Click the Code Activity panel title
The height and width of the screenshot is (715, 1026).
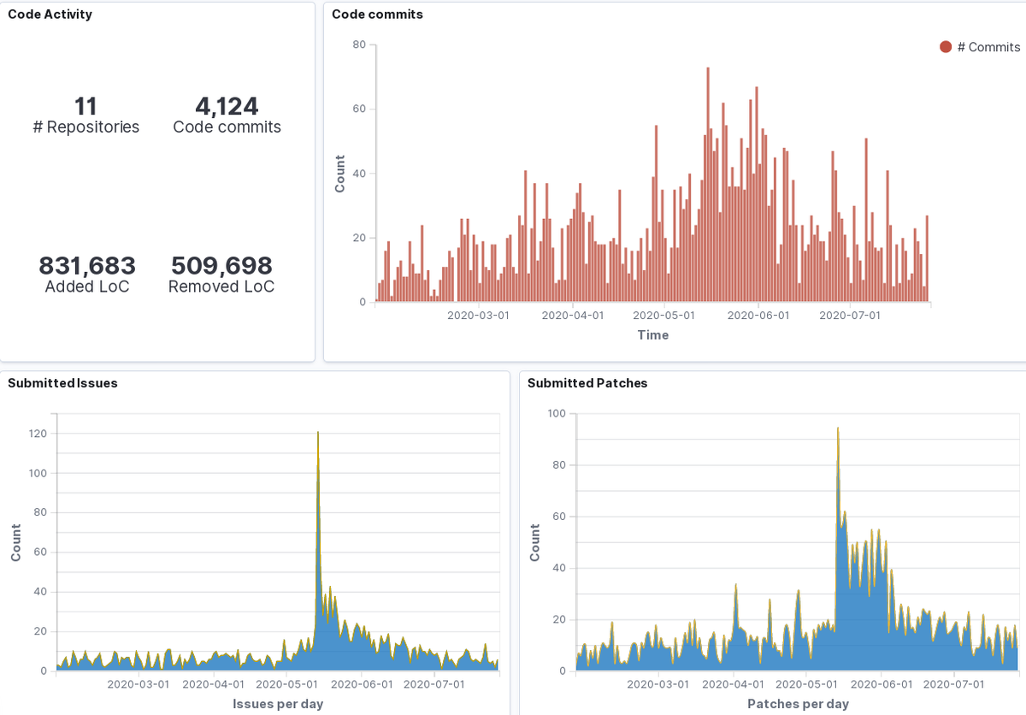pyautogui.click(x=50, y=15)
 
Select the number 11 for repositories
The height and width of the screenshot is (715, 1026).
pyautogui.click(x=85, y=107)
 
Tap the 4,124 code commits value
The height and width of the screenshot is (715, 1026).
pyautogui.click(x=227, y=107)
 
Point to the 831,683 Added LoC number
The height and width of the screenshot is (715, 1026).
pyautogui.click(x=87, y=266)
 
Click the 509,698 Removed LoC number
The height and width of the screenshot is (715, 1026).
pyautogui.click(x=221, y=266)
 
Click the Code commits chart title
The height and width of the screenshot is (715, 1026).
pyautogui.click(x=377, y=15)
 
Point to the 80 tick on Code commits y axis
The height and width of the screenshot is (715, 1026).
pyautogui.click(x=359, y=44)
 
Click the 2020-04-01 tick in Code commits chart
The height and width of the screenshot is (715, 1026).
pyautogui.click(x=573, y=315)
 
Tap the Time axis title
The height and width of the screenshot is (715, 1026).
pyautogui.click(x=652, y=335)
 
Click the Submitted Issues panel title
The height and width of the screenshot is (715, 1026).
pyautogui.click(x=62, y=383)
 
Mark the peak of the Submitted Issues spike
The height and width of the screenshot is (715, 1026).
pyautogui.click(x=318, y=434)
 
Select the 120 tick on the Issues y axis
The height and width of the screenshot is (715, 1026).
pyautogui.click(x=37, y=434)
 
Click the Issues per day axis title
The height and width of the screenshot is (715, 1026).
pyautogui.click(x=278, y=704)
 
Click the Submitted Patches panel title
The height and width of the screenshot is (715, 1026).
pyautogui.click(x=587, y=383)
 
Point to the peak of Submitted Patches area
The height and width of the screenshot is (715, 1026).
pyautogui.click(x=838, y=428)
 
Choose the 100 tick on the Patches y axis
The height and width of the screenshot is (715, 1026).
pyautogui.click(x=556, y=413)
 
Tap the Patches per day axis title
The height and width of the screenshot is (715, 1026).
pyautogui.click(x=798, y=704)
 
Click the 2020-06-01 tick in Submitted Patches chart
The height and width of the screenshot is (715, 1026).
pyautogui.click(x=881, y=684)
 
